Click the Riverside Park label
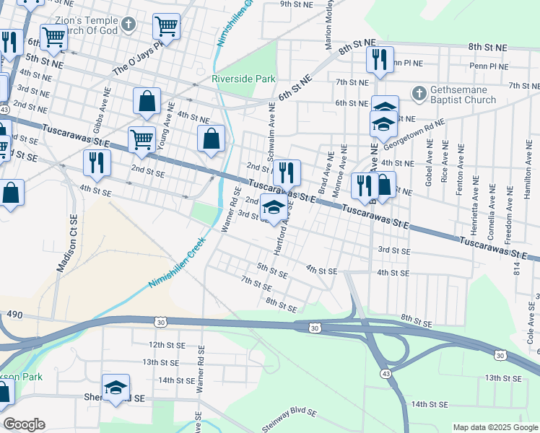(240, 79)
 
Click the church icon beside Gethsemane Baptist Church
(418, 93)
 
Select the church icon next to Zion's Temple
(129, 25)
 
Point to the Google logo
(24, 424)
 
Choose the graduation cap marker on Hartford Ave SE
(273, 207)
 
